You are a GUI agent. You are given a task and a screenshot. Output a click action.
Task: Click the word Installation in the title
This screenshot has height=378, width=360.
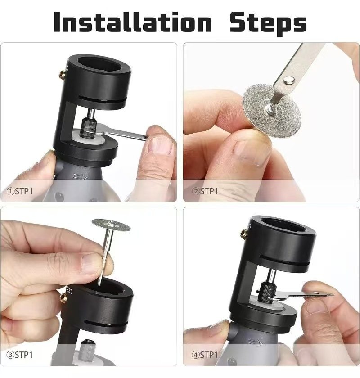pyautogui.click(x=133, y=22)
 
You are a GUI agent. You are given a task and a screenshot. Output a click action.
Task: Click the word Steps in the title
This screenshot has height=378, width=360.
pyautogui.click(x=268, y=23)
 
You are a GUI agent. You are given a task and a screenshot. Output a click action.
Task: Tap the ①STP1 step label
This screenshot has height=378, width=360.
pyautogui.click(x=19, y=191)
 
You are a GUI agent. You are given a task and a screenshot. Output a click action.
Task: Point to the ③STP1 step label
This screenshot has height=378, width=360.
pyautogui.click(x=19, y=355)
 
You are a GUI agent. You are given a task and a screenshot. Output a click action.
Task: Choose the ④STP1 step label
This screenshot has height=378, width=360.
pyautogui.click(x=205, y=355)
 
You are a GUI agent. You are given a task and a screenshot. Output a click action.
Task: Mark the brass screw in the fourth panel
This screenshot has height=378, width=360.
pyautogui.click(x=245, y=234)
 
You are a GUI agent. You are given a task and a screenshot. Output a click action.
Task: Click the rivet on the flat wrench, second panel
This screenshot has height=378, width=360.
pyautogui.click(x=288, y=80)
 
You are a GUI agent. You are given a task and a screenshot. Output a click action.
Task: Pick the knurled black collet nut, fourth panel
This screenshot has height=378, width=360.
pyautogui.click(x=266, y=293)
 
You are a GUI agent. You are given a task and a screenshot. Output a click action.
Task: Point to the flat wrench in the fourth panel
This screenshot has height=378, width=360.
pyautogui.click(x=301, y=295)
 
